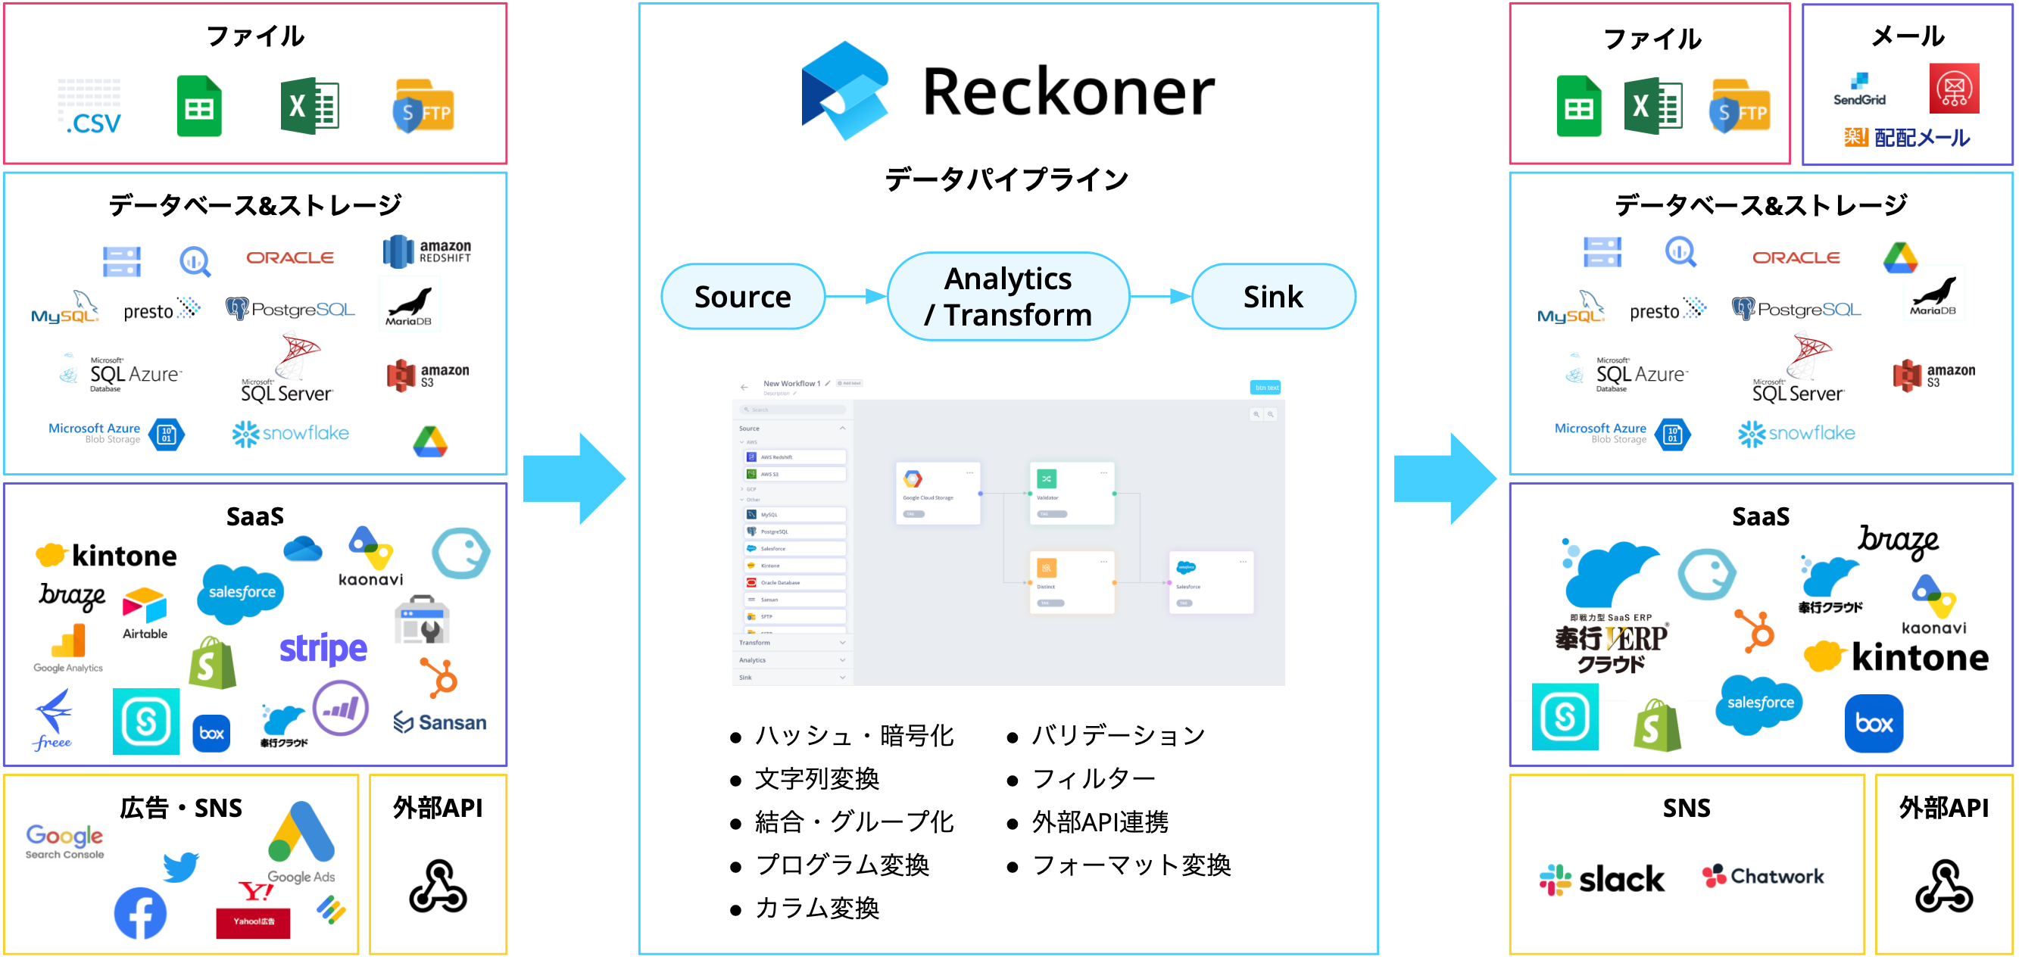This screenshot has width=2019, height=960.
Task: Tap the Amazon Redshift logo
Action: [x=426, y=251]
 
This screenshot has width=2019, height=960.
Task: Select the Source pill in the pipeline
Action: [x=742, y=297]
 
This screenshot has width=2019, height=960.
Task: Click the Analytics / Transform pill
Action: [x=1007, y=297]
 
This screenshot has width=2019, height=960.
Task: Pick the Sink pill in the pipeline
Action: [x=1272, y=297]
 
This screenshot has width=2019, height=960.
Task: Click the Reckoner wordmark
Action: [x=1068, y=92]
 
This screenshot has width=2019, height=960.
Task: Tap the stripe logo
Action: [x=323, y=649]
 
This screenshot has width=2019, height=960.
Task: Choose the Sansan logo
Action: [x=440, y=722]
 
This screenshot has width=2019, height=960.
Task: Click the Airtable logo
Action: [x=145, y=612]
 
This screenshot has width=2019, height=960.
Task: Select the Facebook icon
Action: [x=140, y=913]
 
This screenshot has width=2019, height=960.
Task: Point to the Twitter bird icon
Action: [x=181, y=866]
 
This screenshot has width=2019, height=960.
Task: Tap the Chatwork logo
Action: [x=1763, y=876]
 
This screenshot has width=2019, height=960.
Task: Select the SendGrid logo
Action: [x=1858, y=90]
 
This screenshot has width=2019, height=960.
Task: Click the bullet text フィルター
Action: [x=1093, y=779]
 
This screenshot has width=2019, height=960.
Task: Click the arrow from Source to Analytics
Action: [x=855, y=297]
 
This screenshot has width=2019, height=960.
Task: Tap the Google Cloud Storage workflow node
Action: [x=938, y=493]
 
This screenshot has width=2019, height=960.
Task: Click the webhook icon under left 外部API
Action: [x=437, y=887]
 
